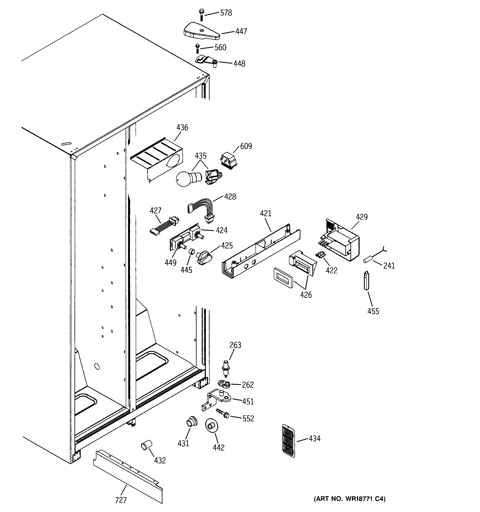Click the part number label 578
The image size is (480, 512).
(226, 13)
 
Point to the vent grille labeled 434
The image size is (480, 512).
(289, 441)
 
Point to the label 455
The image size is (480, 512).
(373, 311)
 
